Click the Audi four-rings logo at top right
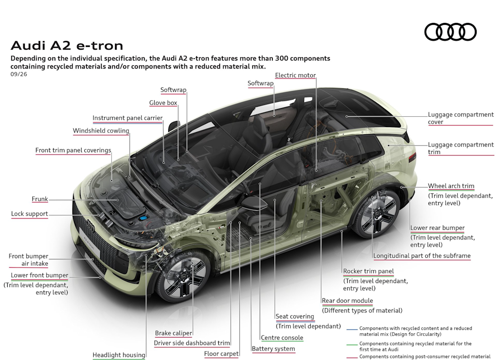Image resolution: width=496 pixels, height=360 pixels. pos(450,32)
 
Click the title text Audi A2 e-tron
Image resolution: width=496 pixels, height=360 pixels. pos(67,46)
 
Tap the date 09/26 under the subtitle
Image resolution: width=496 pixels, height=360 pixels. pos(18,74)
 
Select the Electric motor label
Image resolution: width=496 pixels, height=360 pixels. pos(295,75)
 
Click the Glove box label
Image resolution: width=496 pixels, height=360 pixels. pos(163,103)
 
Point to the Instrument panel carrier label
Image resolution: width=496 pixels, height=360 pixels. pos(128,118)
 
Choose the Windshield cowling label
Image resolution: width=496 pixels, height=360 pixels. pos(101,131)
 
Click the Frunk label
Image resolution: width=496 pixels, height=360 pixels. pos(40,199)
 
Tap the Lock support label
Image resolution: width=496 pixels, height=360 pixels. pos(29,214)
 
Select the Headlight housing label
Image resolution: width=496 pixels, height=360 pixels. pos(119,355)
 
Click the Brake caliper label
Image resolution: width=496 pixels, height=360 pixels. pos(173,333)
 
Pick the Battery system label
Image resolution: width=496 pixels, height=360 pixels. pos(273,349)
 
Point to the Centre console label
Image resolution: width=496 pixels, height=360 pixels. pos(282,337)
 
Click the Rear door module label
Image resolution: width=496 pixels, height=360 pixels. pos(347,301)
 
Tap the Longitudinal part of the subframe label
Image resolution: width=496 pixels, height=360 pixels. pos(422,256)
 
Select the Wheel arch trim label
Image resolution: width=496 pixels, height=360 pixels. pos(451,186)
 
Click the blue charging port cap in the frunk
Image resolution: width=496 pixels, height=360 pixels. pos(143,219)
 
